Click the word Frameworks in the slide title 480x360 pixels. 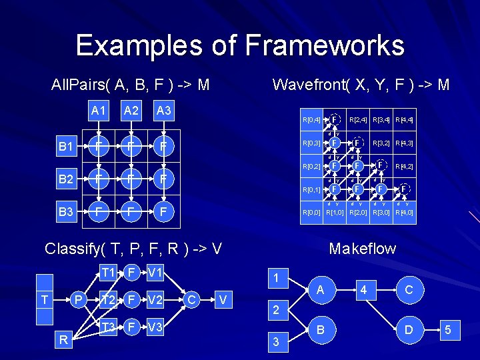point(325,45)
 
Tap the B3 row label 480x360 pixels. point(65,212)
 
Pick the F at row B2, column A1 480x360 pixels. point(97,179)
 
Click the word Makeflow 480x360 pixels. point(362,249)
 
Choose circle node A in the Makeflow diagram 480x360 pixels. point(320,290)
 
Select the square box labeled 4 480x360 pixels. point(364,290)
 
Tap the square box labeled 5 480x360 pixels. point(449,329)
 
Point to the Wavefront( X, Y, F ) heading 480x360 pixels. point(361,85)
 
